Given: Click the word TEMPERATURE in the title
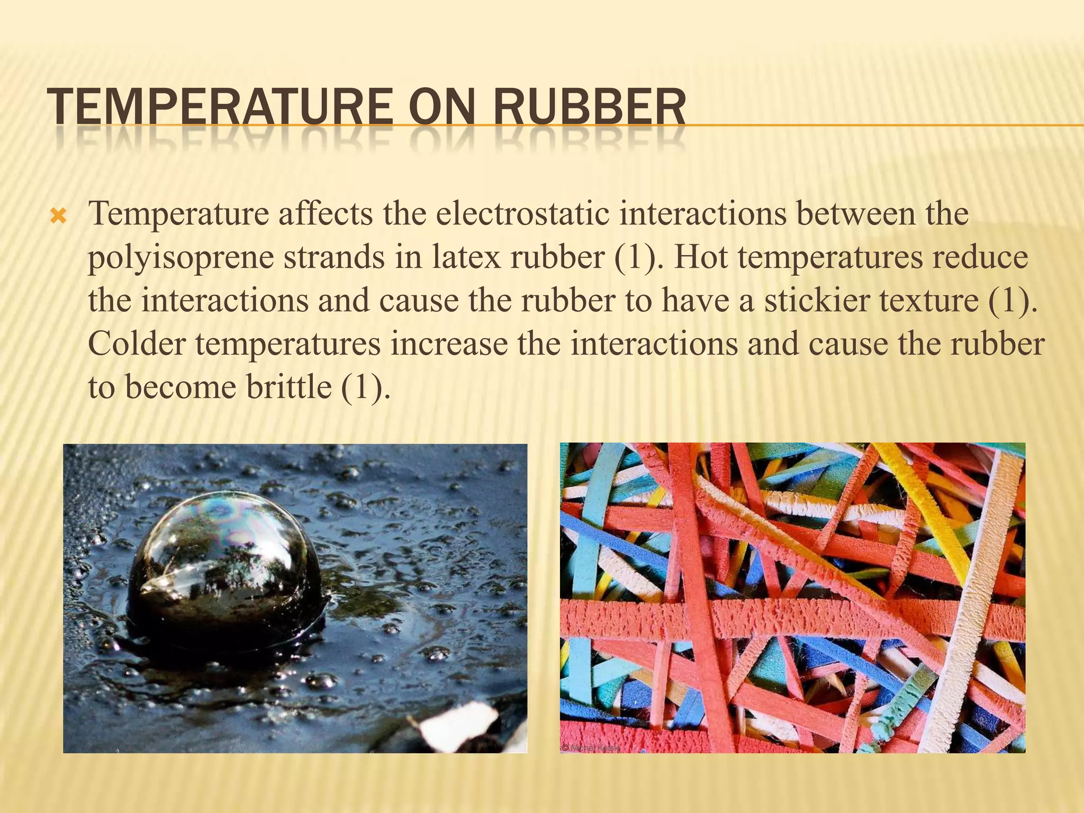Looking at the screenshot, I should click(219, 107).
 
